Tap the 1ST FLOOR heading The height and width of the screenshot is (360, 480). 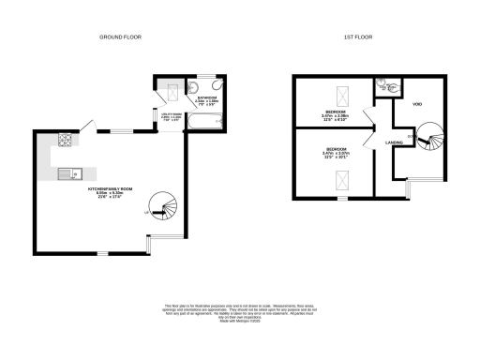359,36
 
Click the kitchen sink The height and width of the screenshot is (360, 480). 67,173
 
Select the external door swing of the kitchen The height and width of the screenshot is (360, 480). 86,126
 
